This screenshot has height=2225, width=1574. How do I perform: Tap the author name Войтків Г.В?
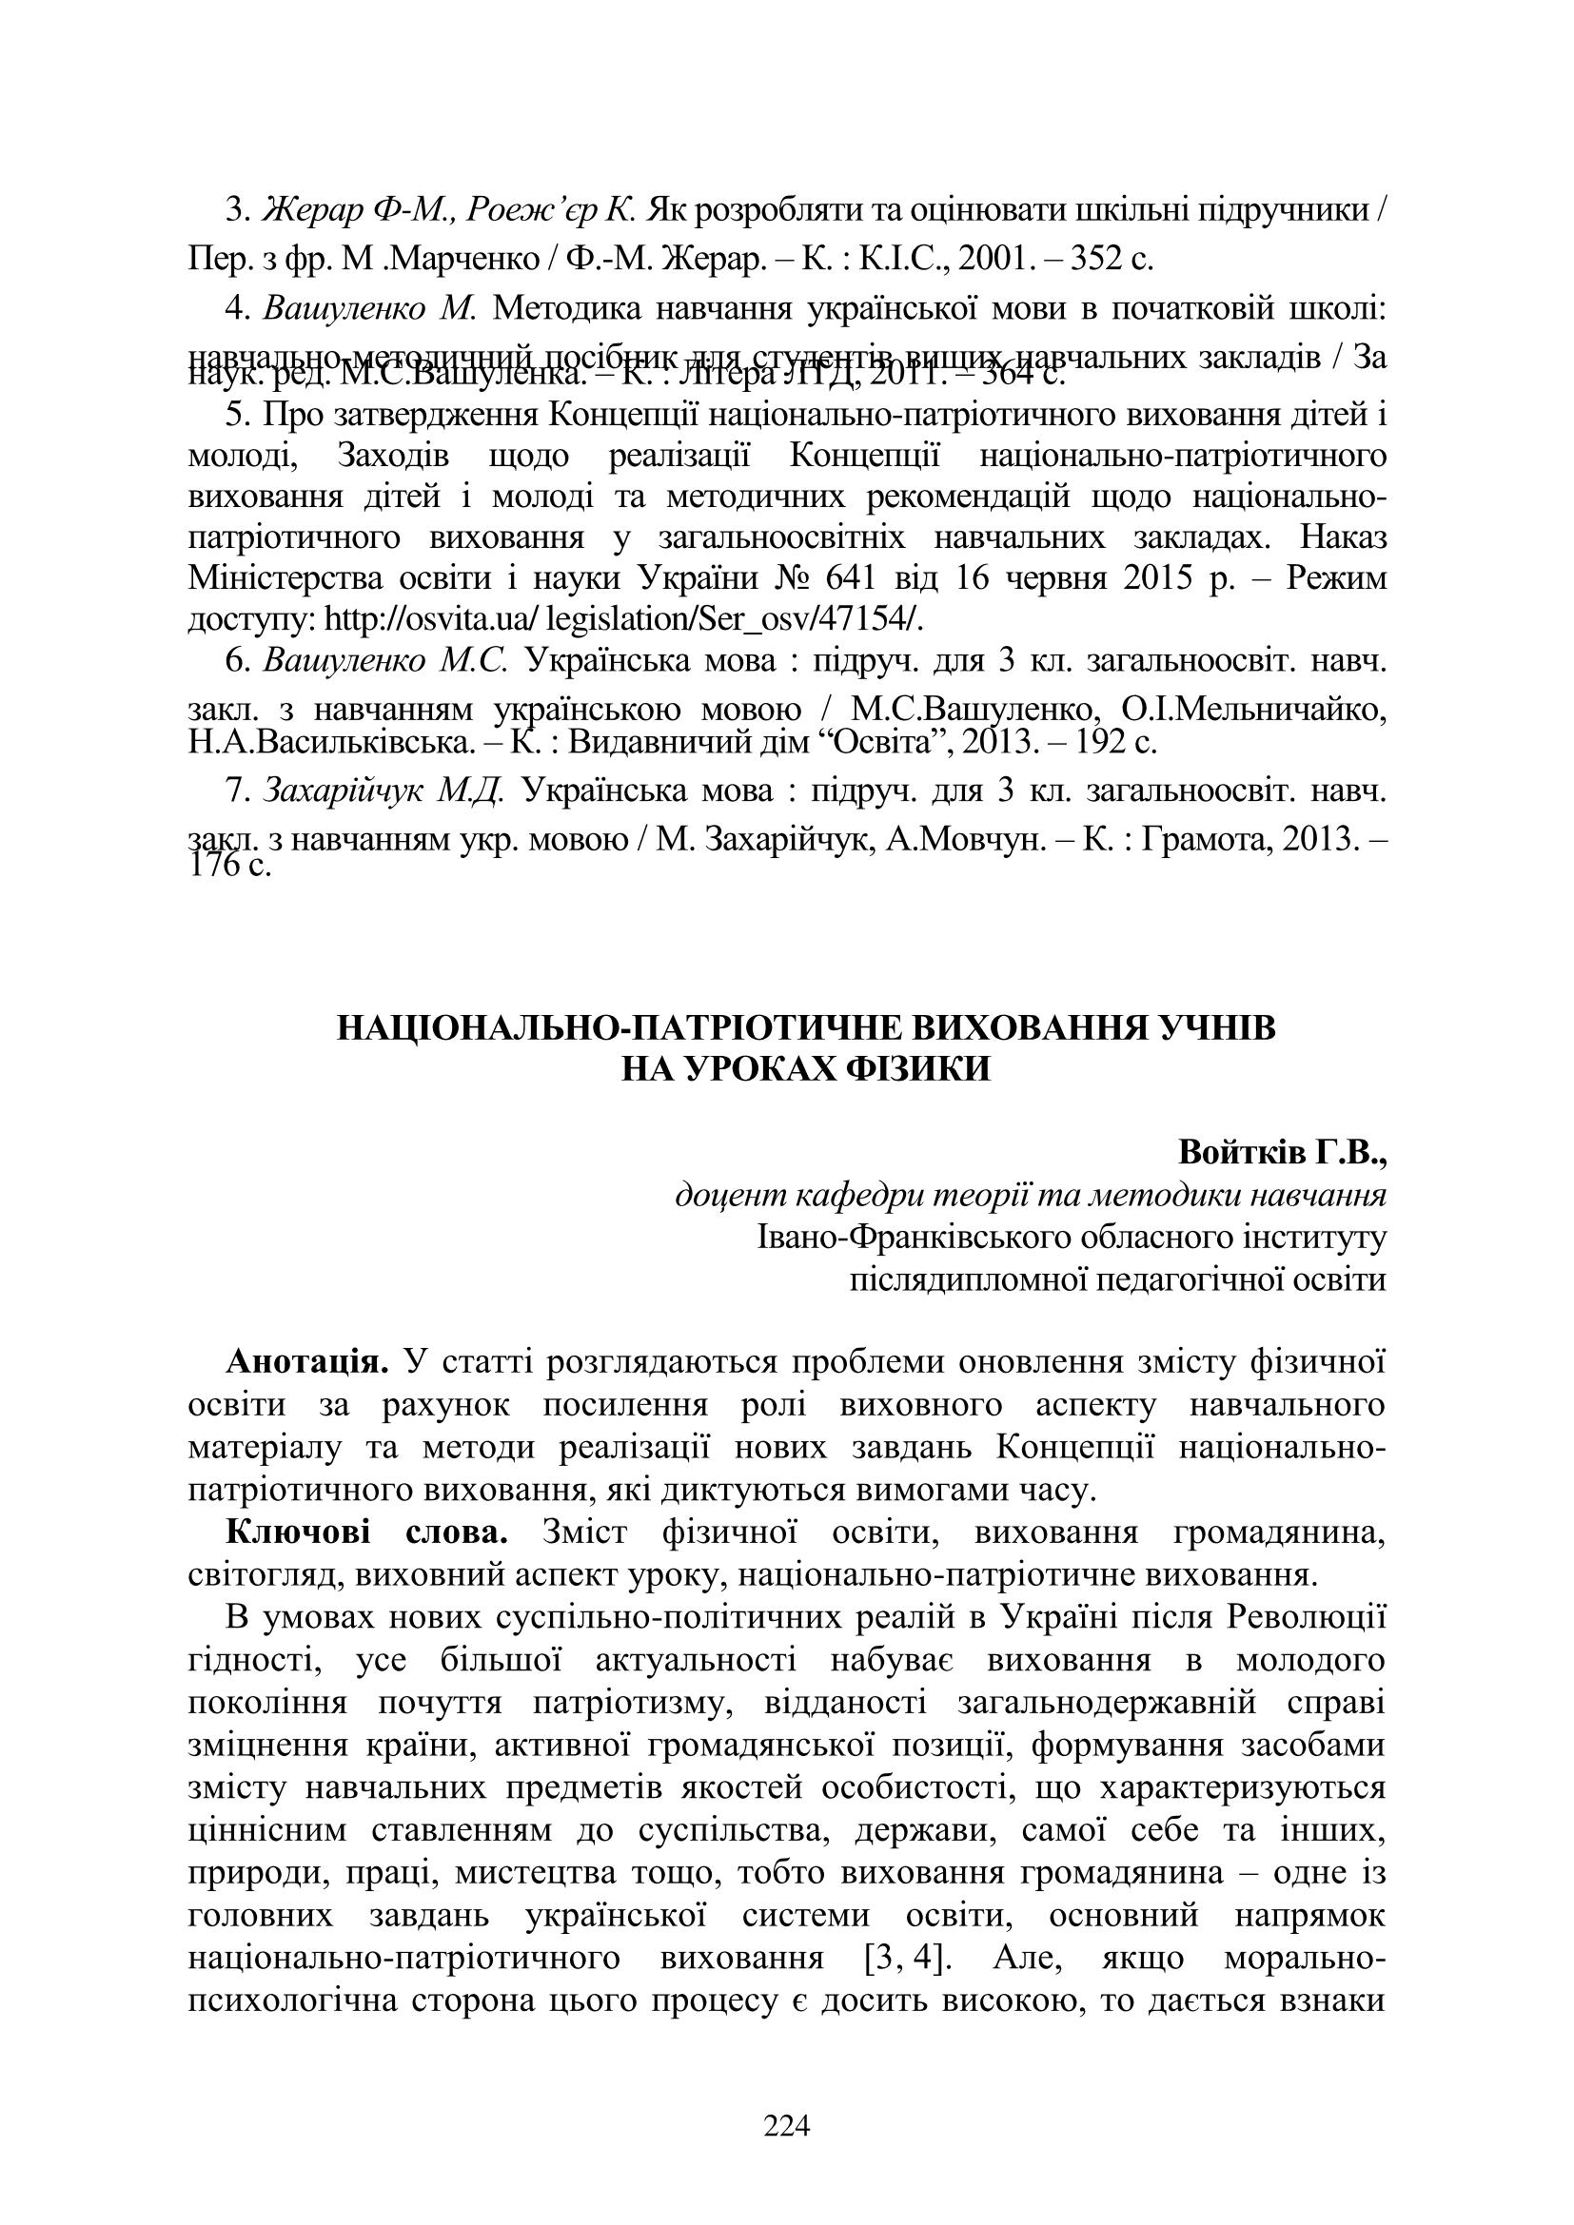1281,1153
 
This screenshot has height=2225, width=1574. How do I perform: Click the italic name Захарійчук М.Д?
384,790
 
